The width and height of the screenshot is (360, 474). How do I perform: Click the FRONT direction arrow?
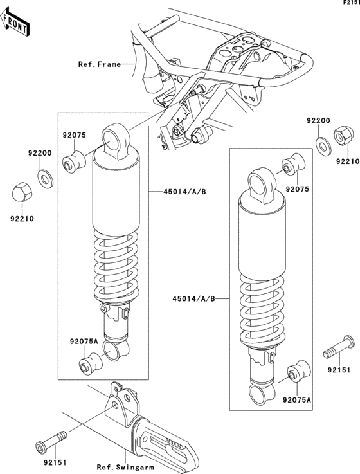15,21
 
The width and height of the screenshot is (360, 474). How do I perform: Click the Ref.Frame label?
100,64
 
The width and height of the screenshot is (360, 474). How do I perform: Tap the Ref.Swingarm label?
125,467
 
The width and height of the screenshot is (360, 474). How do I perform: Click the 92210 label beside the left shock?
22,219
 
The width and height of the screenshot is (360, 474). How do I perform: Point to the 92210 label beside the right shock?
348,161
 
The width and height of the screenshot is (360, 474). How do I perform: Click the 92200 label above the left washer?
40,153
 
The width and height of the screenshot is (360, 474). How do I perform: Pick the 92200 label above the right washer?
319,121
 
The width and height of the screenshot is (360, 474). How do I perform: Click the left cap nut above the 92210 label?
21,190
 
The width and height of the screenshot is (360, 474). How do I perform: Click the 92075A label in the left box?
84,342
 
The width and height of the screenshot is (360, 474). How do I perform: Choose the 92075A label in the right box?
297,399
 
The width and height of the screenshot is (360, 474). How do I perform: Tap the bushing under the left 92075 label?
74,161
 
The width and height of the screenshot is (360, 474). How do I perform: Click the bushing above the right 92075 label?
294,165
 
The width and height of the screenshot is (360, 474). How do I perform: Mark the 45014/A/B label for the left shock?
185,192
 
